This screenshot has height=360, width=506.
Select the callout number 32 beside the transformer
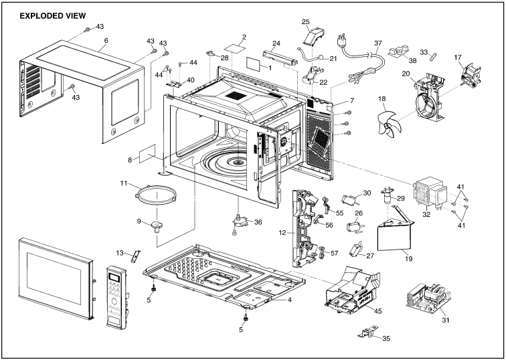[x=426, y=215]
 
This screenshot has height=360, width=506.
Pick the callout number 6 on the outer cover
[x=105, y=40]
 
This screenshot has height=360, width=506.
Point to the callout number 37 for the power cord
[x=377, y=43]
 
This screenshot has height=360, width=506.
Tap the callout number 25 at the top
[x=306, y=22]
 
